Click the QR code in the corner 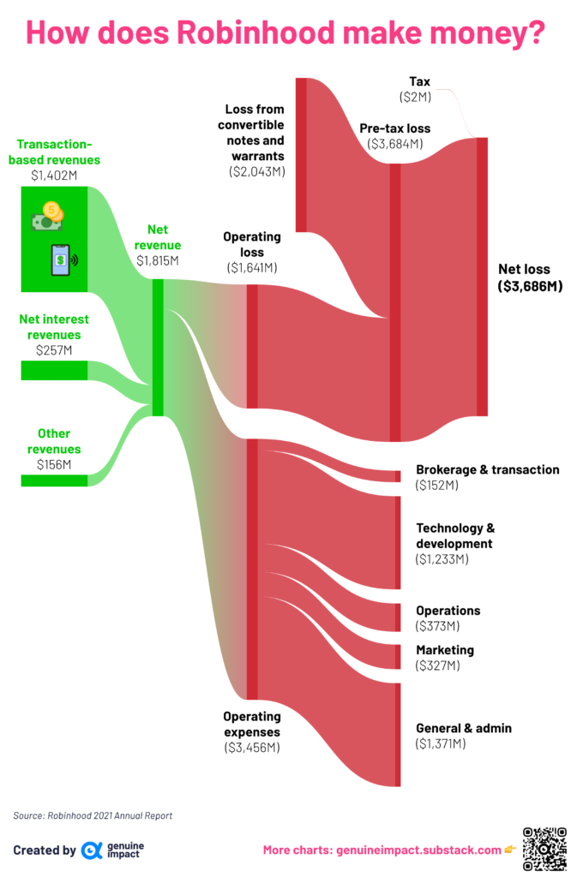(x=544, y=850)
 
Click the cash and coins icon (x=48, y=216)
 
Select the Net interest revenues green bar (x=54, y=370)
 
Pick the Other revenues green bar (x=54, y=480)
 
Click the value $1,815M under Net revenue (x=158, y=260)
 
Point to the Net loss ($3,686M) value (x=530, y=286)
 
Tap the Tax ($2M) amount (x=415, y=98)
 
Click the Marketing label (x=445, y=650)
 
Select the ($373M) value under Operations (x=437, y=626)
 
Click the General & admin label (x=464, y=728)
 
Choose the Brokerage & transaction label (x=488, y=470)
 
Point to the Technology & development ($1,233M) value (x=442, y=559)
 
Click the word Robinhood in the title (x=255, y=33)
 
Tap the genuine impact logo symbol (x=91, y=850)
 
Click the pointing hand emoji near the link (x=510, y=850)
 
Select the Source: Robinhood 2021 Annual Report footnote (x=93, y=815)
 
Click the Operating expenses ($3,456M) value (x=252, y=748)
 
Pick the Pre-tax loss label (x=395, y=128)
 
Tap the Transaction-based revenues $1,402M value (x=54, y=176)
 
